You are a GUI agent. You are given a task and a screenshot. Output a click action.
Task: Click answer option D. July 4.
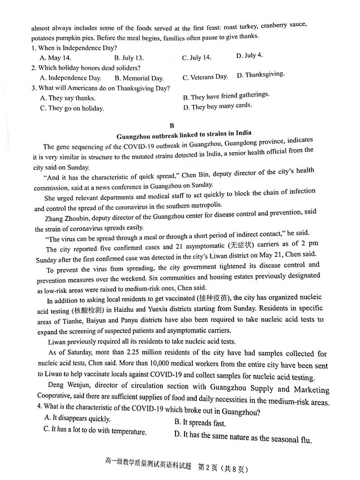[249, 56]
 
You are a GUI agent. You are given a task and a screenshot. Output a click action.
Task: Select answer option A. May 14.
[55, 58]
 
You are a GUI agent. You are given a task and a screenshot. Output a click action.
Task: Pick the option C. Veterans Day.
[205, 77]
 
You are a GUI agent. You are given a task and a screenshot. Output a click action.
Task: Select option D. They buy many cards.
[217, 107]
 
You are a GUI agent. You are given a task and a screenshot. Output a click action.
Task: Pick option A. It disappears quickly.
[77, 418]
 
